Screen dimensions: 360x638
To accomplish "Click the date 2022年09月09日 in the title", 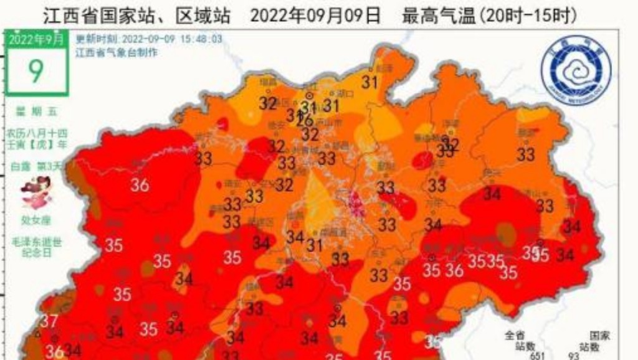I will click(315, 15).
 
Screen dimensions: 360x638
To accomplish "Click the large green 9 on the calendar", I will click(36, 70).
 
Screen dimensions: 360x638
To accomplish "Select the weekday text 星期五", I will click(36, 111).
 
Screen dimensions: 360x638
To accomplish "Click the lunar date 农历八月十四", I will click(36, 133).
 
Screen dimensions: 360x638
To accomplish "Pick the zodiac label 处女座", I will click(36, 219).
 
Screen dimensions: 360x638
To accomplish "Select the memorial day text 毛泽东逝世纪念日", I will click(36, 246).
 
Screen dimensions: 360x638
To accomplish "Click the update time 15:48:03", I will click(199, 39).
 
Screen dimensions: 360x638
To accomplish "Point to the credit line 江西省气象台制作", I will click(117, 52).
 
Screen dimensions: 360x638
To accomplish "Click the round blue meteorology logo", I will click(575, 69).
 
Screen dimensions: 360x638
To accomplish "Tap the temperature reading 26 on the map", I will click(305, 120).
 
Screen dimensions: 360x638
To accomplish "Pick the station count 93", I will click(574, 356).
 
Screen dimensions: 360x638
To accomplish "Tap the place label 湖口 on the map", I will click(345, 94).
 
